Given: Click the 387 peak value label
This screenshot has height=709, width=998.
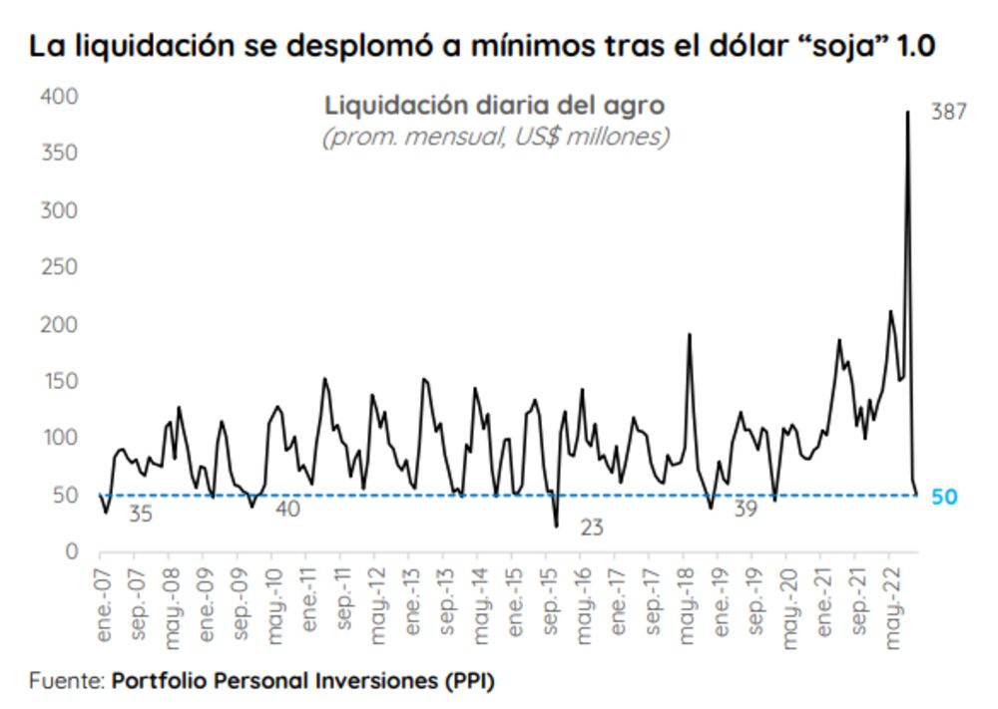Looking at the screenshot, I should [x=948, y=113].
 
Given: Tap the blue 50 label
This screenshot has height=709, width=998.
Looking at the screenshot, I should [x=943, y=496].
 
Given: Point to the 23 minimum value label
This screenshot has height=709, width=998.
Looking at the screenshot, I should [x=592, y=528].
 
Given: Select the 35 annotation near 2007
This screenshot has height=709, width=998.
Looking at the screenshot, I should [x=141, y=515].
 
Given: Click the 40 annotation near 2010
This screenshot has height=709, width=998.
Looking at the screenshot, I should [x=286, y=509].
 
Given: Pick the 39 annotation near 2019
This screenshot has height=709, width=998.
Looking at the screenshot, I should [x=746, y=509].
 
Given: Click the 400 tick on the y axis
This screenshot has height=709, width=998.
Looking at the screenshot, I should [x=58, y=97].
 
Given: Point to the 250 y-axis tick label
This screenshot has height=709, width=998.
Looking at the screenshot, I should [x=58, y=267].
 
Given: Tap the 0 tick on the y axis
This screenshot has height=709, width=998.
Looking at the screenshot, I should [x=71, y=552].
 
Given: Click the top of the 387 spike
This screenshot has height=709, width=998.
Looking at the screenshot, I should [x=907, y=111].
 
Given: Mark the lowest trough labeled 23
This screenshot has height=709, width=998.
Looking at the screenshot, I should [x=556, y=526].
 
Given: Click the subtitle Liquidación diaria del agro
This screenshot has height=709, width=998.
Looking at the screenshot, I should [x=494, y=105].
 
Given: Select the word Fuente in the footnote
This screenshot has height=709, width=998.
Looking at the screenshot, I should [x=65, y=682].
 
